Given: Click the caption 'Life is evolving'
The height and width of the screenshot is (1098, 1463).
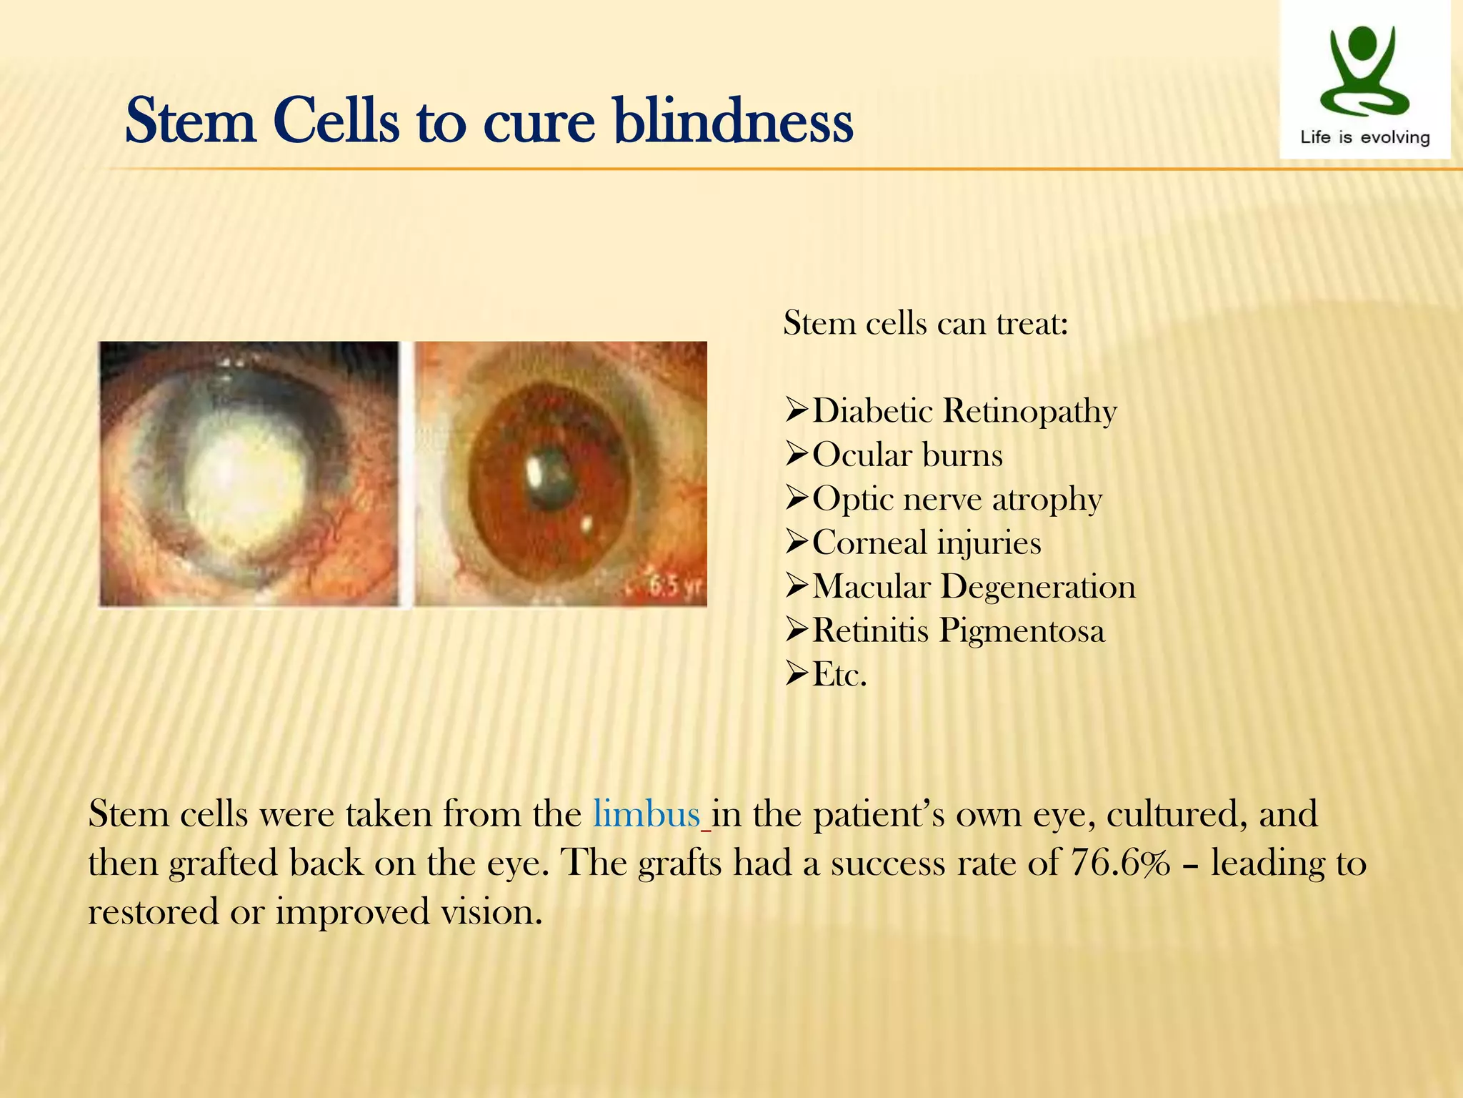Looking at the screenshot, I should click(x=1364, y=137).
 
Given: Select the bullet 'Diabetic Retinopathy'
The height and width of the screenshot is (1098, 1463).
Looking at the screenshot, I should click(x=964, y=411).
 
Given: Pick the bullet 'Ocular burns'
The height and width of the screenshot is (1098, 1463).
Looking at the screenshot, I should click(x=907, y=455).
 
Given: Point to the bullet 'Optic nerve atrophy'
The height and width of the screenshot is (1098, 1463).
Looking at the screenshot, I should click(x=957, y=499).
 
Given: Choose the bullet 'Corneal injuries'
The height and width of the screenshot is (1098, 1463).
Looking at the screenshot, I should click(x=927, y=543).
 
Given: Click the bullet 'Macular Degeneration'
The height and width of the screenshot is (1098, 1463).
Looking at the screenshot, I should click(x=974, y=587).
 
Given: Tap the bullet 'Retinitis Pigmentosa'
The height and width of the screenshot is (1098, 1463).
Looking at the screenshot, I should click(x=959, y=630).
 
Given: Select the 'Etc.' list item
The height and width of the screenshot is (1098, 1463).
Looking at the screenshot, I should click(x=839, y=674).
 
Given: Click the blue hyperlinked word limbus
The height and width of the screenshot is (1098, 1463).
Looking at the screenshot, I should click(x=646, y=814).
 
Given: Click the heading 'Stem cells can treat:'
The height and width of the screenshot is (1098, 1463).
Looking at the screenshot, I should click(x=926, y=323).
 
